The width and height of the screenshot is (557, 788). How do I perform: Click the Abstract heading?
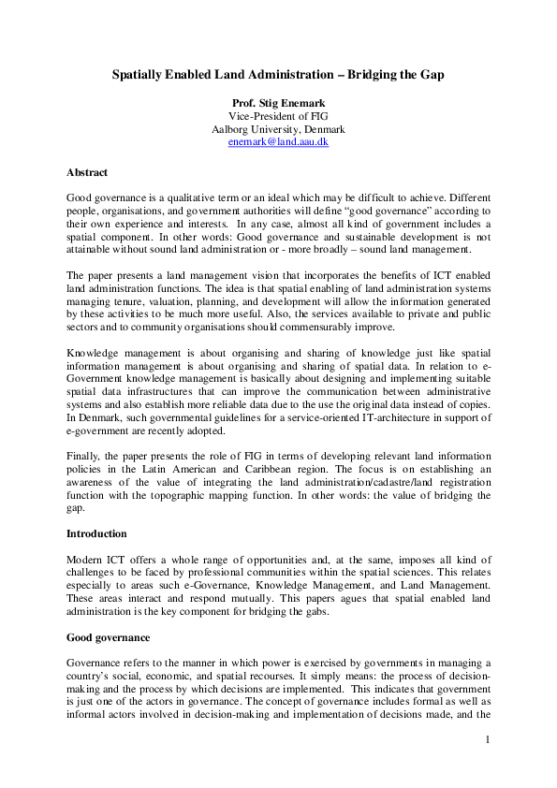point(87,172)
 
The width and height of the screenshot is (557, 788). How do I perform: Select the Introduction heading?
point(97,533)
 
